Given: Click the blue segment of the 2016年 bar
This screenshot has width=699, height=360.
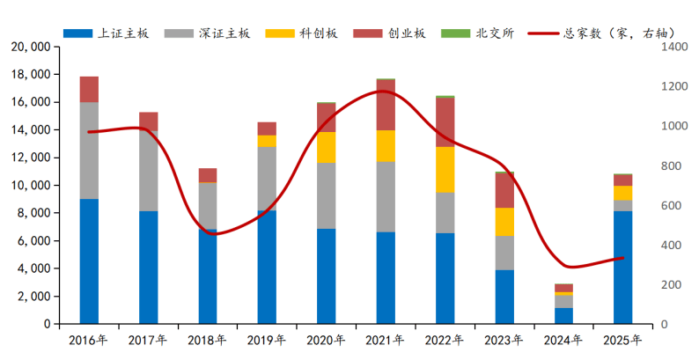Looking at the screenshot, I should pyautogui.click(x=89, y=261).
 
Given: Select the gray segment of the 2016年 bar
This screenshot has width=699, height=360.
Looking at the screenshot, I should pyautogui.click(x=89, y=151).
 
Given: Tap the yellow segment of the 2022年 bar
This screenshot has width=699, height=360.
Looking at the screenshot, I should pyautogui.click(x=445, y=170).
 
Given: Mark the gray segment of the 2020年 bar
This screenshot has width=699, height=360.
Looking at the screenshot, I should pyautogui.click(x=327, y=195).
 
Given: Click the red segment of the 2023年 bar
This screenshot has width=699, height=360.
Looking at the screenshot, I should pyautogui.click(x=504, y=190).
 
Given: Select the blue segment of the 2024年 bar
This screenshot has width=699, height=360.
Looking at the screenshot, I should pyautogui.click(x=564, y=316).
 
